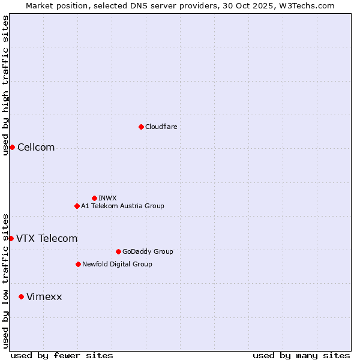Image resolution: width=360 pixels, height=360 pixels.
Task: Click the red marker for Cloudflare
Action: click(141, 127)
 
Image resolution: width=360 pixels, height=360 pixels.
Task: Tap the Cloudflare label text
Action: click(161, 127)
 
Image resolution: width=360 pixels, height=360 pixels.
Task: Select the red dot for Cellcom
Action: click(12, 148)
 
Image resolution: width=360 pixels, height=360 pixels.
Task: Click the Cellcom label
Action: click(36, 148)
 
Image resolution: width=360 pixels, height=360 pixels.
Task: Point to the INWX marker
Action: click(94, 198)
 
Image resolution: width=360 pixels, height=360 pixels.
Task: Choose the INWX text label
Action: click(107, 198)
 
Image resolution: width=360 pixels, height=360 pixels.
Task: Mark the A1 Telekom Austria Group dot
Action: click(77, 206)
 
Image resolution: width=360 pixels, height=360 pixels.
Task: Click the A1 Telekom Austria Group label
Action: click(122, 206)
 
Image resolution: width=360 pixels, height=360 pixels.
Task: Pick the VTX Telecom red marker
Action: click(11, 238)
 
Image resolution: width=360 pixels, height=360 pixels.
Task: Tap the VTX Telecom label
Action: click(47, 238)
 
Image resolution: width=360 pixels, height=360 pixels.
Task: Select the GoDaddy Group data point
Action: click(118, 251)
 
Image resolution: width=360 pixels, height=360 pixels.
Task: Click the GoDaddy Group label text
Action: click(148, 251)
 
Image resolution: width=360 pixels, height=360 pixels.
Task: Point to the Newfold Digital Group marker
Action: click(78, 264)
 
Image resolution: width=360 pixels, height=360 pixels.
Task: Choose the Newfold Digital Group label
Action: click(117, 264)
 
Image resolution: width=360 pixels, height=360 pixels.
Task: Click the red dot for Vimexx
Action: click(21, 296)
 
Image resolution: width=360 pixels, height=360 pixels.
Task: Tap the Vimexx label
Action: click(44, 296)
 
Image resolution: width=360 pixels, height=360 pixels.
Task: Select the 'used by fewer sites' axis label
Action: click(62, 355)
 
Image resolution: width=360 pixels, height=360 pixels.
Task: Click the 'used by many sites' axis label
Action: click(301, 355)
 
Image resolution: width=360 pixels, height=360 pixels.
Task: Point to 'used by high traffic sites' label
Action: click(5, 85)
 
